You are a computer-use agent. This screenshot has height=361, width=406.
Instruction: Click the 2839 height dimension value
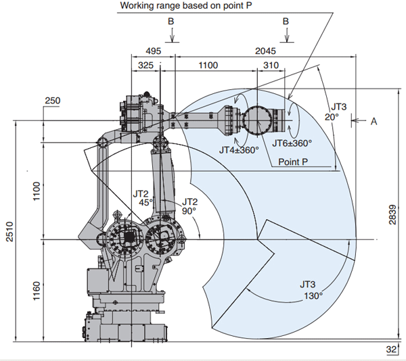(x=392, y=214)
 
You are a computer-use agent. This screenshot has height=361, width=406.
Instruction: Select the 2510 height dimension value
(x=10, y=231)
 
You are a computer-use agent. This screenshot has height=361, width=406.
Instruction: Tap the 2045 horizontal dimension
(x=266, y=51)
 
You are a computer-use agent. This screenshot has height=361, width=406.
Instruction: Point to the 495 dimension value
(x=154, y=51)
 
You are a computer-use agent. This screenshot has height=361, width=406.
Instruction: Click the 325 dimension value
(x=145, y=65)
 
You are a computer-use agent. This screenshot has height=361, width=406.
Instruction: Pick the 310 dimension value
(x=271, y=65)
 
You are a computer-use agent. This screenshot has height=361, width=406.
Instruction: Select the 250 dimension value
(x=53, y=100)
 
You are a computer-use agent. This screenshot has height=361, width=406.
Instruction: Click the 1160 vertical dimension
(x=37, y=291)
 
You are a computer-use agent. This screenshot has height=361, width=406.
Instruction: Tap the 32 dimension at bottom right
(x=391, y=350)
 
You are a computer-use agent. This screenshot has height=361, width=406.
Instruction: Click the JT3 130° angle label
(x=311, y=290)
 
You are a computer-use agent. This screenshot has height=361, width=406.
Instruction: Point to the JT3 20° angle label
(x=336, y=112)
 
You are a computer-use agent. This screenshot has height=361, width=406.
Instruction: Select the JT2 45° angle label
(x=143, y=198)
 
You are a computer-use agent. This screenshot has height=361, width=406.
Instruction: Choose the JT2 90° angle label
(x=189, y=206)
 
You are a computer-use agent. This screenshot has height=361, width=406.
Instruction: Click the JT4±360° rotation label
(x=239, y=150)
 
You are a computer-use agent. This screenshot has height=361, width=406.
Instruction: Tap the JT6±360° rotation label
(x=292, y=143)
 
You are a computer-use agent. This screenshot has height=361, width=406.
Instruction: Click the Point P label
(x=293, y=162)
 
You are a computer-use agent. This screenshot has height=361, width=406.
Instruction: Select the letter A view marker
(x=374, y=121)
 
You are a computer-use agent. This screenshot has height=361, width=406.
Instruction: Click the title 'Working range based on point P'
(x=186, y=5)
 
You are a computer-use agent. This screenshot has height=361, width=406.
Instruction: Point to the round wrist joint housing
(x=257, y=120)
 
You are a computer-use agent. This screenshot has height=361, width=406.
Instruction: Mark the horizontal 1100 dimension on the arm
(x=208, y=65)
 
